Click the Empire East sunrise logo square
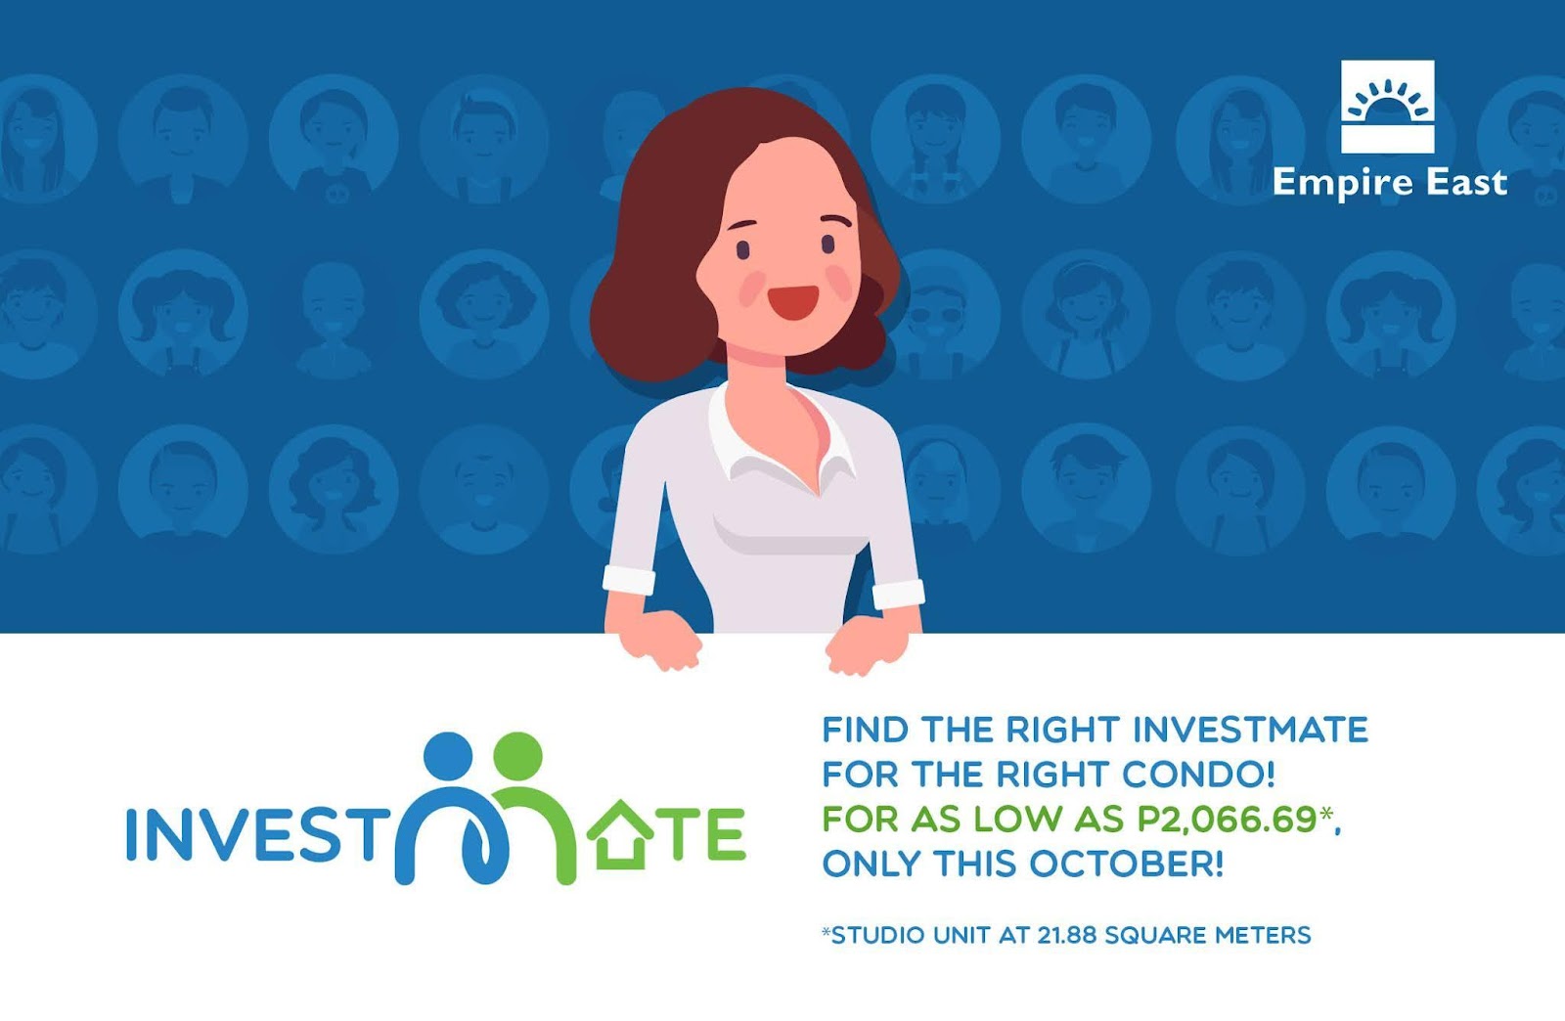(1388, 107)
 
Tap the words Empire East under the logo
(1390, 184)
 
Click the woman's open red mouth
(793, 302)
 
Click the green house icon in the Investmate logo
(620, 834)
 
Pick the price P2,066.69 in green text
(1227, 820)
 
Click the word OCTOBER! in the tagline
(1126, 864)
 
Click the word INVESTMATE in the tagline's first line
(1250, 730)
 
